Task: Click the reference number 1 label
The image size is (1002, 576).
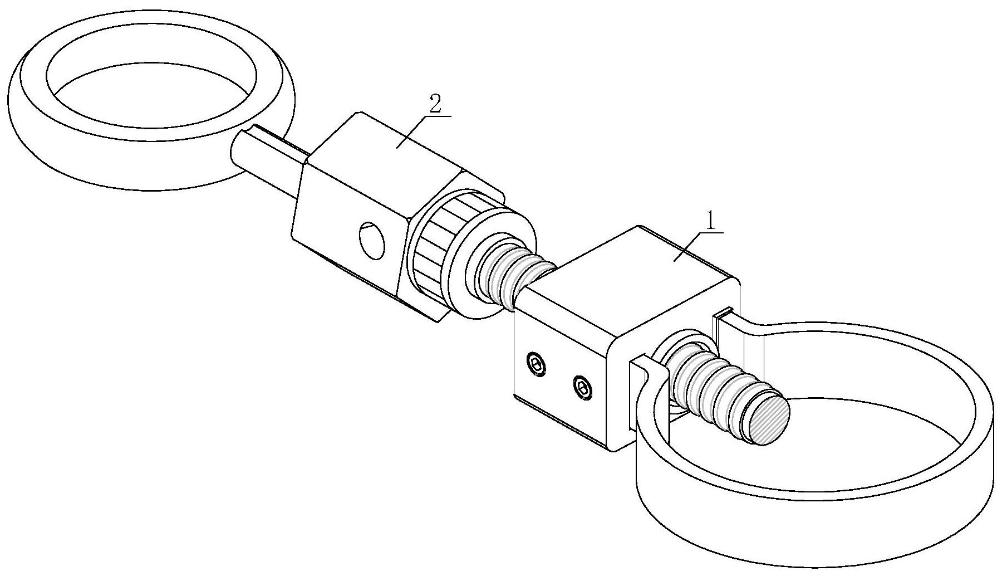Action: point(709,221)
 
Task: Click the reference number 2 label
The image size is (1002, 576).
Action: point(435,104)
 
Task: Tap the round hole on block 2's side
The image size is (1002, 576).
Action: point(371,240)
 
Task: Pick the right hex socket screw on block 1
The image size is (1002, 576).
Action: point(582,386)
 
